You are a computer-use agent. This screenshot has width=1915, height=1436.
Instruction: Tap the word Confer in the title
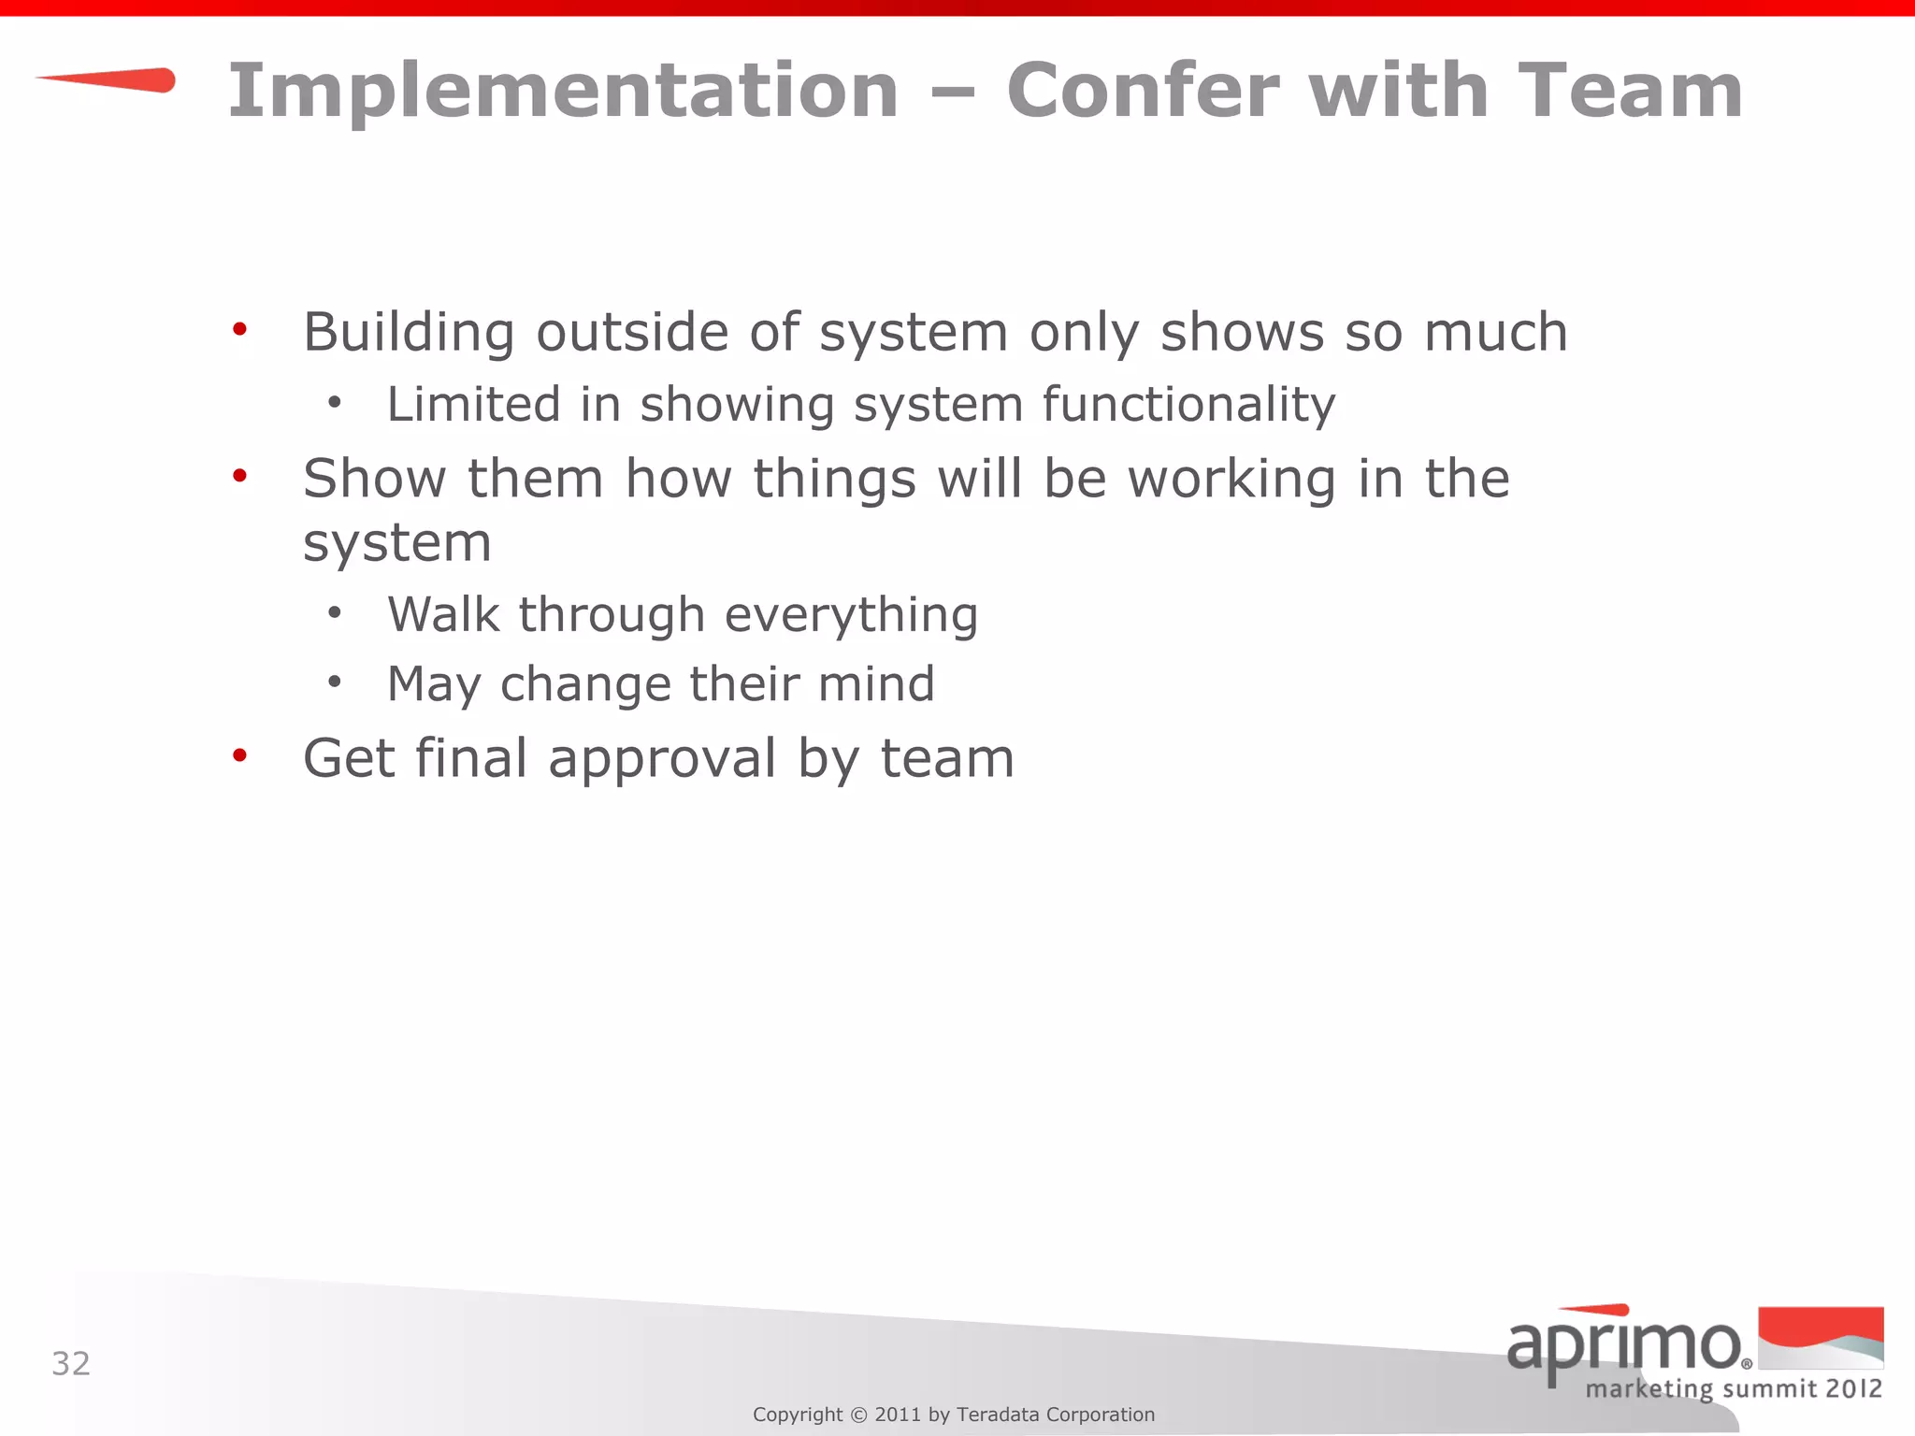[x=1143, y=91]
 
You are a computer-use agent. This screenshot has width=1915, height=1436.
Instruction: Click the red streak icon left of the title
[x=108, y=80]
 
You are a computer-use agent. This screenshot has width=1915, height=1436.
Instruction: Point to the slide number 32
[x=71, y=1364]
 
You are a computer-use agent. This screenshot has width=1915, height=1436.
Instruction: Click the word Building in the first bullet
[x=409, y=333]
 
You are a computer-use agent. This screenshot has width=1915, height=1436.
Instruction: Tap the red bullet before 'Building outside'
[x=240, y=329]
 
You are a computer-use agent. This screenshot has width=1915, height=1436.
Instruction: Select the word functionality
[x=1188, y=405]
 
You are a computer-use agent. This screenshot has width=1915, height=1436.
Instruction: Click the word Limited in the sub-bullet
[x=473, y=405]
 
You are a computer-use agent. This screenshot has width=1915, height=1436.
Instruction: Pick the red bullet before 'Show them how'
[x=240, y=476]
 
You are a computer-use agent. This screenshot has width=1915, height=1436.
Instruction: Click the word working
[x=1231, y=480]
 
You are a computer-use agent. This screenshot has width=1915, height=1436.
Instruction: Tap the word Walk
[x=443, y=615]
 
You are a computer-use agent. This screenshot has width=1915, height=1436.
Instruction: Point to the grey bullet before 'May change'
[x=335, y=682]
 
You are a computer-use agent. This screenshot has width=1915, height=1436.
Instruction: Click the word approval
[x=662, y=758]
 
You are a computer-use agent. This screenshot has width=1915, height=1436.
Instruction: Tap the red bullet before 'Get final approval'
[x=240, y=754]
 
